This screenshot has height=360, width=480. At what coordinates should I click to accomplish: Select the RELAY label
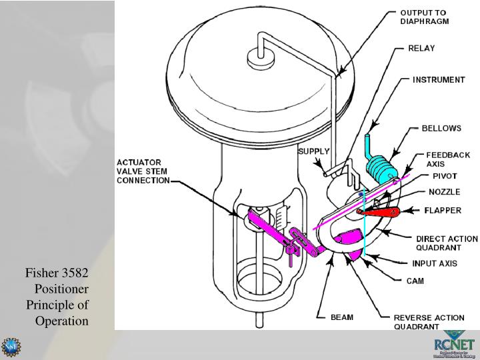(x=422, y=48)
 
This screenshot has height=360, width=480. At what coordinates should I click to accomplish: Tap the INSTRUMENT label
(x=438, y=79)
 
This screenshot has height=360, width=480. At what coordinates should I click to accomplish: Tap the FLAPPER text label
(x=443, y=211)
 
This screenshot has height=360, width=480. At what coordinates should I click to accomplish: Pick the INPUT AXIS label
(x=433, y=263)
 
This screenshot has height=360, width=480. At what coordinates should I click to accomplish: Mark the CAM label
(x=416, y=281)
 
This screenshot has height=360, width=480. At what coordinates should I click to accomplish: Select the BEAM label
(x=342, y=317)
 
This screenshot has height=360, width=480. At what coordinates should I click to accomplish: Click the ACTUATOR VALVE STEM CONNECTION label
(x=143, y=170)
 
